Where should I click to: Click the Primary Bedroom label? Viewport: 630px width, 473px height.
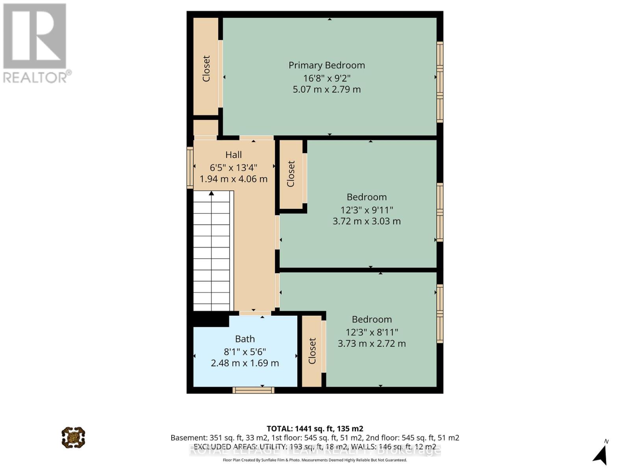pos(326,65)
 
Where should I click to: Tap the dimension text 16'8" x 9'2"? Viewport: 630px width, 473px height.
pos(326,78)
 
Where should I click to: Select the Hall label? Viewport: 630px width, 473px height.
pos(233,155)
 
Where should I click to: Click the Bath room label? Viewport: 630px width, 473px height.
pos(245,339)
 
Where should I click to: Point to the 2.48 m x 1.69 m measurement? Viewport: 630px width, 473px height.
pos(245,363)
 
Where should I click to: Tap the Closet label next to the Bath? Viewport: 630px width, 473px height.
pos(312,351)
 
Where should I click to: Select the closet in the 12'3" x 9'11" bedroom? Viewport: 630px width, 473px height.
pos(291,174)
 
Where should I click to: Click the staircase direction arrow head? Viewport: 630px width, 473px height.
pos(211,193)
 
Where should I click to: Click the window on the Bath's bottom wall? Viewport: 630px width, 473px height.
pos(253,390)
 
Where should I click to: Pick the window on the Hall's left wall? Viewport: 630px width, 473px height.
pos(190,168)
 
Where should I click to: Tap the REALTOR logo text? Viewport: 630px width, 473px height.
pos(37,77)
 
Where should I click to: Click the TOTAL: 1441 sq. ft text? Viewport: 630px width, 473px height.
pos(315,428)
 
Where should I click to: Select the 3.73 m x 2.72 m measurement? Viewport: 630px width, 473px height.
pos(372,344)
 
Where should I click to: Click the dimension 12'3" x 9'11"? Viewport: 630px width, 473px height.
pos(367,210)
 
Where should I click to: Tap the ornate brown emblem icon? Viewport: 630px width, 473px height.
pos(73,437)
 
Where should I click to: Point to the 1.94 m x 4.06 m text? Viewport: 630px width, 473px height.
pos(233,179)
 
